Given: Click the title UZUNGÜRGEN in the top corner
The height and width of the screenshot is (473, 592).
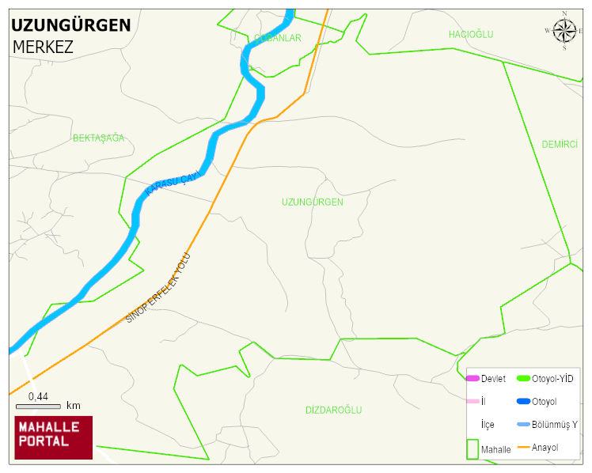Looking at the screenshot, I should coord(70,25).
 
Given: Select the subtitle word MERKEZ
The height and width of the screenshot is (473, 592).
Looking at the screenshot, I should coord(43,47).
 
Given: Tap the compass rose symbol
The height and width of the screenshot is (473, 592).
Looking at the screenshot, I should coord(564,31).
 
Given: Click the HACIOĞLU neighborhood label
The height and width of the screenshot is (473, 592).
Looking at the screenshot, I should coord(470,34).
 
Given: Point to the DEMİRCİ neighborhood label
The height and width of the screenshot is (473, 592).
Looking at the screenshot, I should coord(560,144).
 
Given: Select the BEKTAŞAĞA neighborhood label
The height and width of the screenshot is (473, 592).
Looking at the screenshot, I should coord(99,138).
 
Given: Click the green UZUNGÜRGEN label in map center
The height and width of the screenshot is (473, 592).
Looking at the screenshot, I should coord(312,202).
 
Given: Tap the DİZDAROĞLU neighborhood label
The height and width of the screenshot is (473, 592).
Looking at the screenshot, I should coord(333,410).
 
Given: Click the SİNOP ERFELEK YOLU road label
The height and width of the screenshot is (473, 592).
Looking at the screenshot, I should coord(159,288).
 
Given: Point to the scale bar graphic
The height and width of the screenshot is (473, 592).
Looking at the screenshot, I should coord(38,406).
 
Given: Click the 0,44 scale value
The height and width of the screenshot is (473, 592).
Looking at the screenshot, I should coord(38,395).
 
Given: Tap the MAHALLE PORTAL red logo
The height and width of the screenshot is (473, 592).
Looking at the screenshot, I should coord(53,437).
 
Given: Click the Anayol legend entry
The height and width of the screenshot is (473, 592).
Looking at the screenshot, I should coord(545,448).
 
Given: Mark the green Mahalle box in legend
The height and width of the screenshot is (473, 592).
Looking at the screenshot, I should coord(473,448).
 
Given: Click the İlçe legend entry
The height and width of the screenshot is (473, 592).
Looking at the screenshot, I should coord(488,425).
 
